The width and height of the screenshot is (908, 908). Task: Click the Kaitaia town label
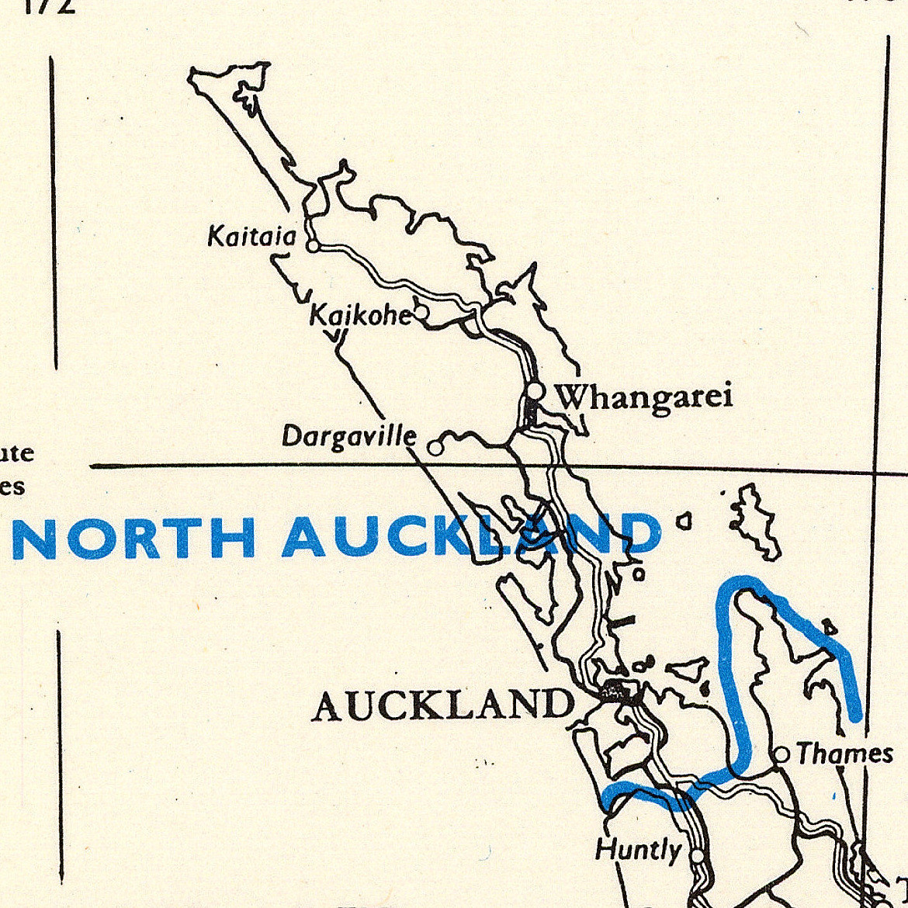coord(251,236)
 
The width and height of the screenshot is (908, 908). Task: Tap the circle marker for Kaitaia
coord(312,247)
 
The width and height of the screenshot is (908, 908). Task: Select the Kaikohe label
coord(359,315)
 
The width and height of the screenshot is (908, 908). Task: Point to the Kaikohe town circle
coord(421,313)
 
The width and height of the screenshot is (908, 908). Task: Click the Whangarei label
coord(645,398)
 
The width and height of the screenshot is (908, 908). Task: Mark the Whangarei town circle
coord(535,390)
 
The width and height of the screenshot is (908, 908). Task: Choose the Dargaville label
coord(348,437)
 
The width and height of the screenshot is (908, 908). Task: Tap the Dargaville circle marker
coord(435,448)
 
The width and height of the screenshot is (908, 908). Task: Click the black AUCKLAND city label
coord(443,705)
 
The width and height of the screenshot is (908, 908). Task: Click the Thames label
coord(844,754)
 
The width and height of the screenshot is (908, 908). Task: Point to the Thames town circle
coord(782,754)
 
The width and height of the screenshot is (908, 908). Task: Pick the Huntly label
coord(638,851)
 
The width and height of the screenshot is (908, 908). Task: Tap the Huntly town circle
coord(698,855)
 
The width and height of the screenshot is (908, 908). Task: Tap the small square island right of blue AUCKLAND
coord(684,522)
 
